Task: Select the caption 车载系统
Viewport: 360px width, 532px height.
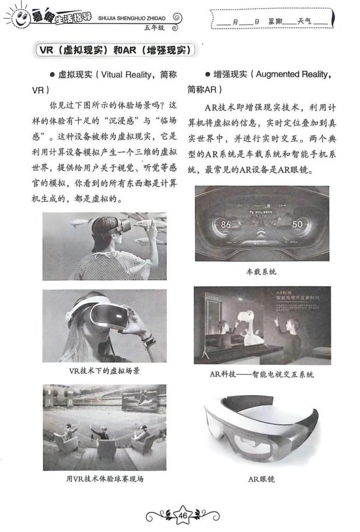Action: (x=261, y=271)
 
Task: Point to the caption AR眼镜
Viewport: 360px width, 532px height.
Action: (x=261, y=479)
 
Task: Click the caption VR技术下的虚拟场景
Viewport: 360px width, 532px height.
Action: (x=105, y=371)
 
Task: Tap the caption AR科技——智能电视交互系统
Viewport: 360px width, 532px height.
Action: (x=261, y=374)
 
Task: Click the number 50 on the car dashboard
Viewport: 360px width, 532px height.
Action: (x=297, y=224)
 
